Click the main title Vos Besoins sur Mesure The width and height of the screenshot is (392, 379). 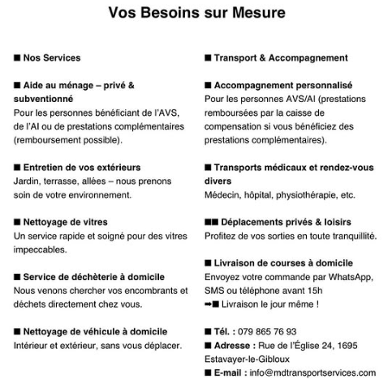[196, 13]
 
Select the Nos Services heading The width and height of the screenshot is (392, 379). [52, 58]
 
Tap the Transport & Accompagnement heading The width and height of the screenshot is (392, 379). [281, 58]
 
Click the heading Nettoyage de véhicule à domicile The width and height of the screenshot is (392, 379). [94, 331]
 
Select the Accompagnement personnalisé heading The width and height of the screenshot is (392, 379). [282, 85]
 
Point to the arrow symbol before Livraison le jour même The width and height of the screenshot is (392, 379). [210, 304]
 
